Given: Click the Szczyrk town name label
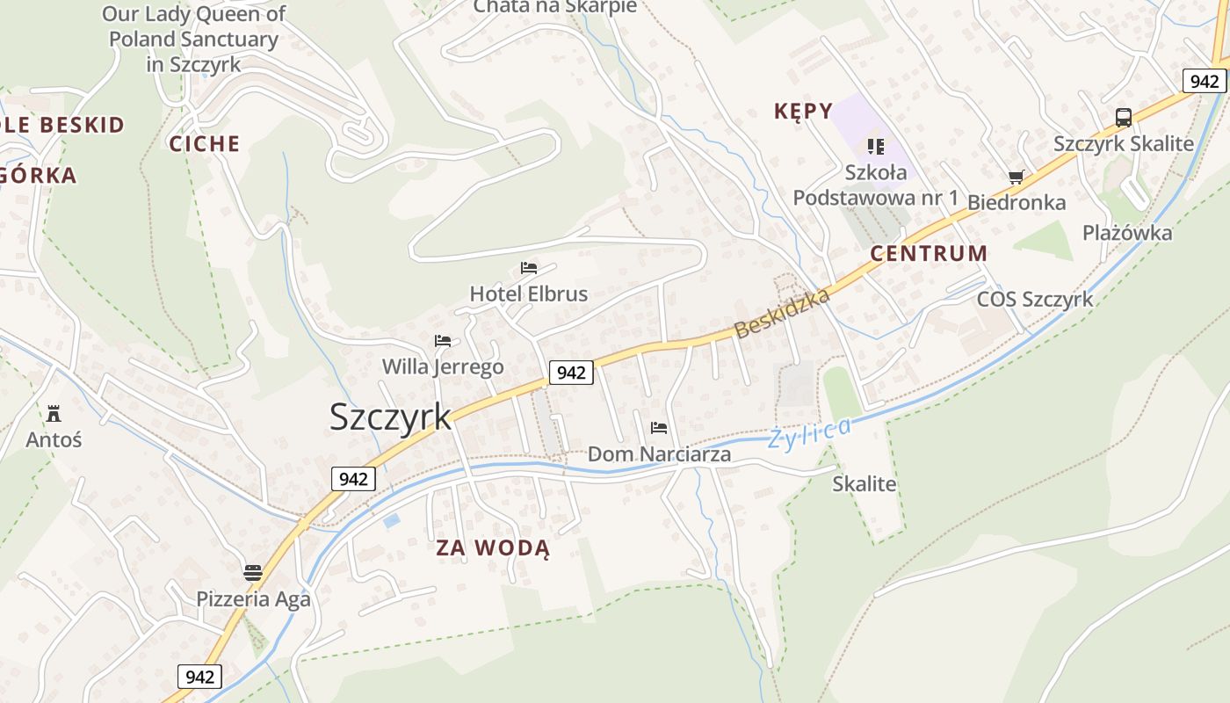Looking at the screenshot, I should click(x=390, y=417).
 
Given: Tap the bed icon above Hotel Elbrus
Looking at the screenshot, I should click(x=529, y=267).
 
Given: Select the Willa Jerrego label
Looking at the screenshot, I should click(x=443, y=366).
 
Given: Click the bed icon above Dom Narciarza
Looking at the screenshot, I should click(x=659, y=428).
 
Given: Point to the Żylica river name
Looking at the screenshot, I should click(x=809, y=433).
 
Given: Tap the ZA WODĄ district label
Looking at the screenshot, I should click(x=493, y=548).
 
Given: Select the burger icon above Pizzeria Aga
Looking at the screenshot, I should click(x=253, y=573).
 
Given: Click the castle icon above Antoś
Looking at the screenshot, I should click(x=54, y=413).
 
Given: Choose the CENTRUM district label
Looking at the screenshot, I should click(x=929, y=254).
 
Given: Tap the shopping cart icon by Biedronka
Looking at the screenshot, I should click(x=1017, y=177).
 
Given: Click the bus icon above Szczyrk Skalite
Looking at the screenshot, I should click(x=1123, y=117).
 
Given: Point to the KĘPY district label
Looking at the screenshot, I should click(x=803, y=111).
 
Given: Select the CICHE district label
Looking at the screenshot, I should click(x=205, y=144).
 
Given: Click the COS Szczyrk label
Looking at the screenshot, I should click(x=1035, y=299).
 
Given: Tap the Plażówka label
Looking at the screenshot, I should click(x=1127, y=233).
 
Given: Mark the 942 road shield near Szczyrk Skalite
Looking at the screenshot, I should click(x=1204, y=81).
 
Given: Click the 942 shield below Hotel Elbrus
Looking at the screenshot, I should click(x=571, y=373).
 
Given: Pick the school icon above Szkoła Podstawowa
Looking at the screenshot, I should click(x=875, y=146).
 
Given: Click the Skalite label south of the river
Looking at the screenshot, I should click(x=865, y=483).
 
